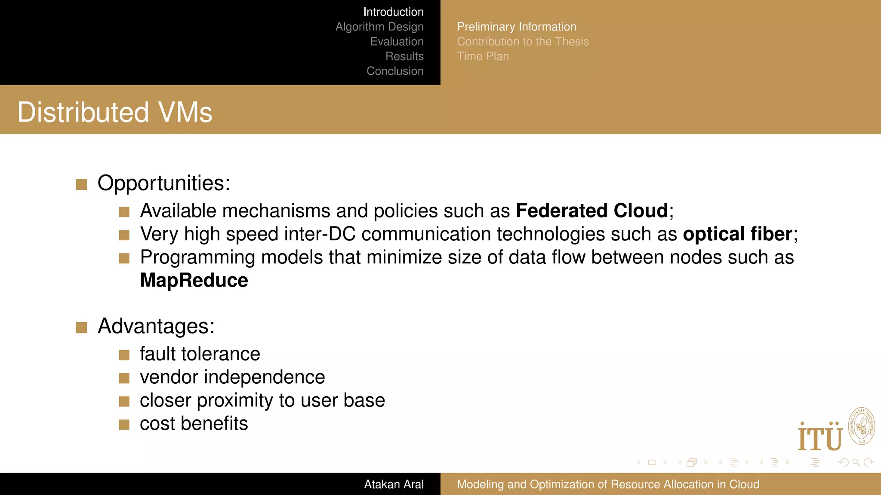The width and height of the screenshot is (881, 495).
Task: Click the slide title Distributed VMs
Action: (115, 112)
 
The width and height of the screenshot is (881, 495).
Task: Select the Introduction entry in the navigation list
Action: (393, 12)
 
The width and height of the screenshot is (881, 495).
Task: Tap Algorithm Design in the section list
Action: (379, 27)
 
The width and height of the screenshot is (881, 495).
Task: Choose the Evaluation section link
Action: (397, 42)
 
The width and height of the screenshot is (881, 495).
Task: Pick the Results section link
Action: (404, 56)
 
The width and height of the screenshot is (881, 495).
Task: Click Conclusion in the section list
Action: (395, 71)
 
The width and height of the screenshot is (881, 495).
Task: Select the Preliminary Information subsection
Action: (516, 27)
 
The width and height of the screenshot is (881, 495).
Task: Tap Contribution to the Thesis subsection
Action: (523, 42)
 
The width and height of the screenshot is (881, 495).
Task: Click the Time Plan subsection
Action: (483, 56)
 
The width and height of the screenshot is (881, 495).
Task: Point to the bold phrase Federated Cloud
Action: (592, 211)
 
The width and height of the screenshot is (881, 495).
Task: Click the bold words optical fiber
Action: (737, 234)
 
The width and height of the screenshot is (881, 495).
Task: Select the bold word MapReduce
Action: (194, 281)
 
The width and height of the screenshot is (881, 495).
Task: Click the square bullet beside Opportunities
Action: (81, 184)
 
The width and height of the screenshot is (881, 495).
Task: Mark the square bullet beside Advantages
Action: (81, 327)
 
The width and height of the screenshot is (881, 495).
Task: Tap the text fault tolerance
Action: (200, 354)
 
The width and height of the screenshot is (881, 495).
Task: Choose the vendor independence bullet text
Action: (232, 377)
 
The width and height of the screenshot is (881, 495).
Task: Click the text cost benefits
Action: (194, 424)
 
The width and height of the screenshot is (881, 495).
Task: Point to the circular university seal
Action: (861, 426)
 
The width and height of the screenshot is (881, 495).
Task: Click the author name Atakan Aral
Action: (394, 484)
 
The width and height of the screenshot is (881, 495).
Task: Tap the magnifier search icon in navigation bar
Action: (856, 462)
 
